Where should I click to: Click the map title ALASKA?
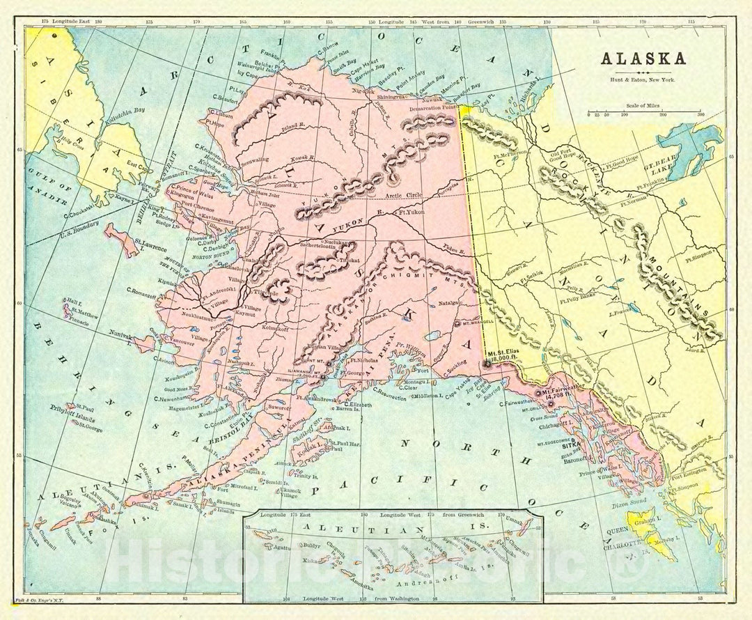point(643,58)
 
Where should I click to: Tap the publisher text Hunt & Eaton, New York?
point(643,81)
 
